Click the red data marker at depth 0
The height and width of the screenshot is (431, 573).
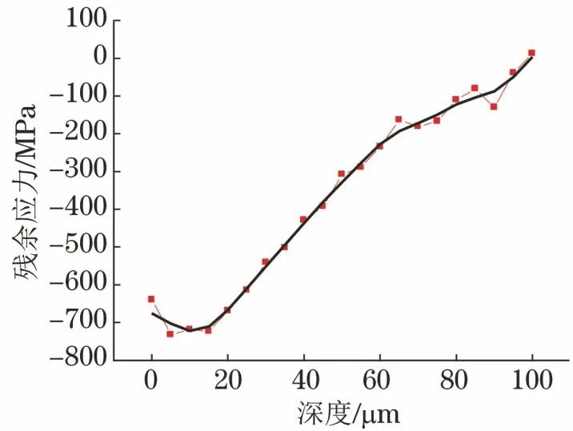click(x=151, y=299)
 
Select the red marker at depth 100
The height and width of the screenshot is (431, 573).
click(x=531, y=53)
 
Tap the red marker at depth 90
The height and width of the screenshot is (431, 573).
click(x=494, y=106)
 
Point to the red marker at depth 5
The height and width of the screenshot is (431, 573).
click(x=170, y=333)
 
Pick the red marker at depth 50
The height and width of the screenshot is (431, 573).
click(x=341, y=174)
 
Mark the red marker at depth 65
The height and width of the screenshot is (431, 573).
click(x=399, y=119)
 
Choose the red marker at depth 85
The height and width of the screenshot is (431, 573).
click(x=475, y=88)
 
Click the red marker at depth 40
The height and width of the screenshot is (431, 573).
click(x=303, y=219)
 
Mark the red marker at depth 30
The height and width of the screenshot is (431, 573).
click(x=265, y=261)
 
